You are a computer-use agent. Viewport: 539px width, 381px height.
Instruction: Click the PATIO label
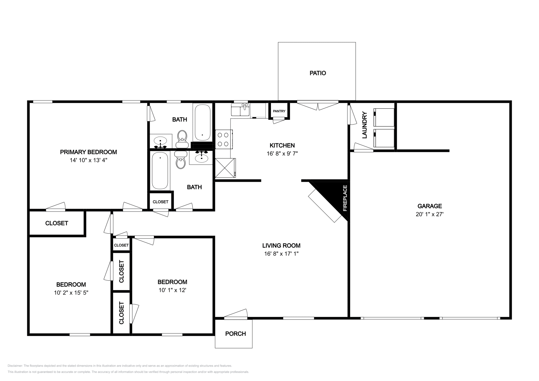[318, 73]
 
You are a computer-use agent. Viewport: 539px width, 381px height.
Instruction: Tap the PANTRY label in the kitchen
[279, 111]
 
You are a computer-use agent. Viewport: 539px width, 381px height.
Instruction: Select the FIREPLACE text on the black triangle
[345, 198]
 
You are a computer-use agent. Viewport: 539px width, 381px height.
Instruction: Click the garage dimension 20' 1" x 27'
[430, 214]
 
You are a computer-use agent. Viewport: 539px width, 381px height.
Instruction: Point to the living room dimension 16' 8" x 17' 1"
[282, 254]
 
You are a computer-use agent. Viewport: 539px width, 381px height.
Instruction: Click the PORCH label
[235, 334]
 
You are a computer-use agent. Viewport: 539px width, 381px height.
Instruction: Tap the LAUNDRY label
[364, 125]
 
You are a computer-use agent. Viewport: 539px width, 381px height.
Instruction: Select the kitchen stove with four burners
[223, 139]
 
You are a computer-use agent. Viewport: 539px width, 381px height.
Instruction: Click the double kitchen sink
[240, 109]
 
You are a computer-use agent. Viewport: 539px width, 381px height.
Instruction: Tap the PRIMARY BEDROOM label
[88, 152]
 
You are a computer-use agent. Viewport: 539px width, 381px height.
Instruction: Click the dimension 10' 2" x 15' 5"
[71, 293]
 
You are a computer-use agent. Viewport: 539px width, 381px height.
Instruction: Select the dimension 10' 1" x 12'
[172, 290]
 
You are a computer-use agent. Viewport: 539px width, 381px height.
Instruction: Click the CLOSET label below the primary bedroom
[57, 223]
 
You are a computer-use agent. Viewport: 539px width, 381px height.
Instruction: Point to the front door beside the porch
[235, 315]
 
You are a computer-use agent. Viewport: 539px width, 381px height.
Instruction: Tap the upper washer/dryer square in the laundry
[384, 117]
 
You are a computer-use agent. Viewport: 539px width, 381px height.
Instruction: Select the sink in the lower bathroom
[201, 157]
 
